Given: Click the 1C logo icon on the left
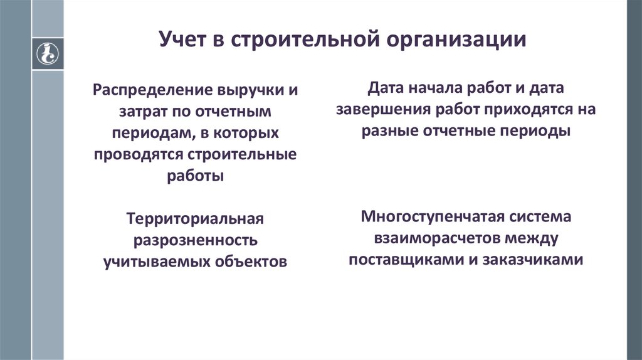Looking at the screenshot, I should [x=48, y=53].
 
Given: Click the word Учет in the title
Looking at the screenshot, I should [x=184, y=40].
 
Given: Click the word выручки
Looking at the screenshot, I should [x=254, y=90].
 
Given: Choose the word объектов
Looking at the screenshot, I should [x=251, y=262].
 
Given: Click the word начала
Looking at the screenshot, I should [x=431, y=88].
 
